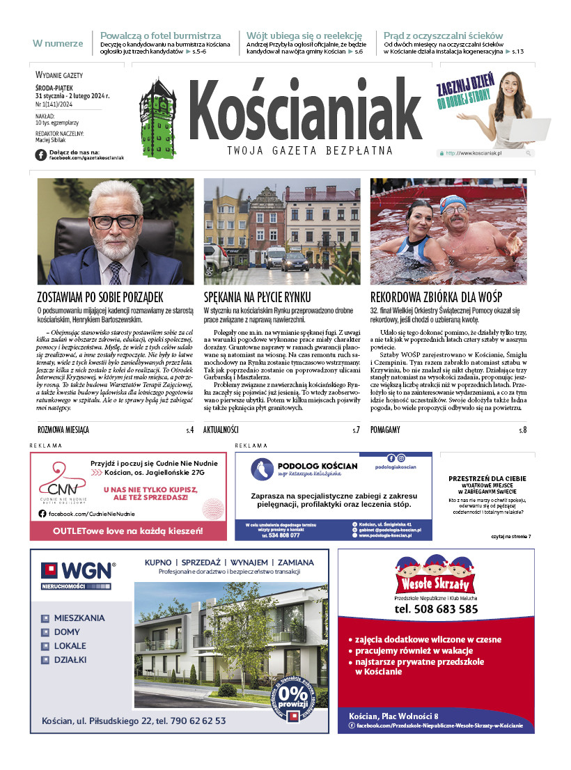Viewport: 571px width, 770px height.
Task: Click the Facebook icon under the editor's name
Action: pos(40,155)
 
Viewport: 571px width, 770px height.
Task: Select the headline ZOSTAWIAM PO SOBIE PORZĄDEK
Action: pos(100,297)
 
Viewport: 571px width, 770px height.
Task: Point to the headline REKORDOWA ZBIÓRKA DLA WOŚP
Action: pos(436,297)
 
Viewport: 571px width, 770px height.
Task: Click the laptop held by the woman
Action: pos(513,132)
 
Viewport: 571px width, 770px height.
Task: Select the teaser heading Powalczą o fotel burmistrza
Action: pos(161,36)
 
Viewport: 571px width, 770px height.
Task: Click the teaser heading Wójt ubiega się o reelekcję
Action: pos(304,36)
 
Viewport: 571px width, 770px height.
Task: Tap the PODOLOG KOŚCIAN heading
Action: pos(317,466)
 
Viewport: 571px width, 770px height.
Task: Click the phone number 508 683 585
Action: pos(436,608)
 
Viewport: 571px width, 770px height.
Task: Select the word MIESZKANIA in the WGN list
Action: pos(79,618)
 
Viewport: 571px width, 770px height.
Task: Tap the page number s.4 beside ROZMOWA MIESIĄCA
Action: pos(189,430)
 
